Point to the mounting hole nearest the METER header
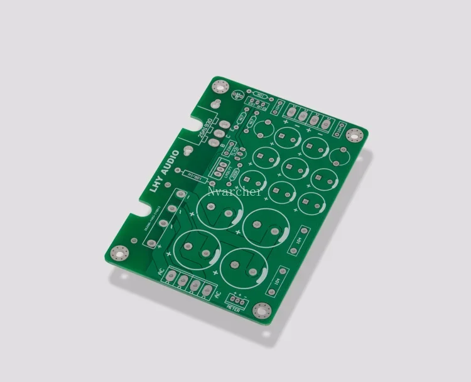click(x=260, y=310)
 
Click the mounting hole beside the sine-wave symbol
click(x=220, y=89)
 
